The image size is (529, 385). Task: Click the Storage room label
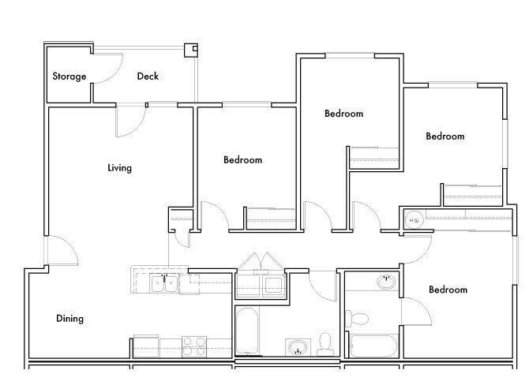tap(69, 77)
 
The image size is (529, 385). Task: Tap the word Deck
tap(148, 77)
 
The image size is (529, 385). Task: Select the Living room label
tap(120, 168)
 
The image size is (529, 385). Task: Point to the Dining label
tap(69, 319)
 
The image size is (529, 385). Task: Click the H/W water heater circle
tap(414, 220)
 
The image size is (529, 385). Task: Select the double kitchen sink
tap(164, 283)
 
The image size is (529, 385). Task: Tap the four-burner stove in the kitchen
tap(194, 346)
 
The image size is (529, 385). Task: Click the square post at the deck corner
tap(190, 50)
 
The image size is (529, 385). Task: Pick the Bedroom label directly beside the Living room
tap(243, 160)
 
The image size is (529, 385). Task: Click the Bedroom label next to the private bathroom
tap(448, 290)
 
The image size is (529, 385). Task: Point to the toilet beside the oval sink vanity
tap(325, 345)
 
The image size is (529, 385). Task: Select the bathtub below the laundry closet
tap(247, 331)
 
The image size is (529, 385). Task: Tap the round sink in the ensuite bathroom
tap(386, 282)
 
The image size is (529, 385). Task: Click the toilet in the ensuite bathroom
tap(356, 318)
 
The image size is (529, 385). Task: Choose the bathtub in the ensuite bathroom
tap(373, 346)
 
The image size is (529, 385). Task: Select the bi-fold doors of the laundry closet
tap(261, 261)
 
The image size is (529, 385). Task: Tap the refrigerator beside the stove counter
tap(146, 346)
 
